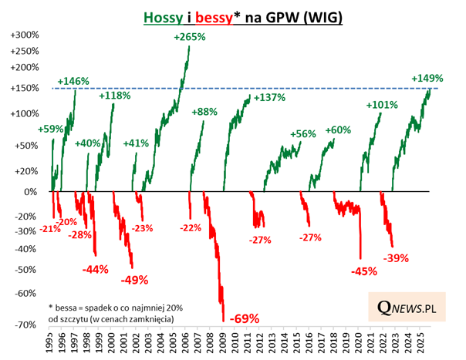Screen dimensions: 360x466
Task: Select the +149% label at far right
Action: (x=427, y=78)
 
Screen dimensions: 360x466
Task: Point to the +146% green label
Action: (x=73, y=81)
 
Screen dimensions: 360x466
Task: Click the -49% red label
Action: (x=134, y=279)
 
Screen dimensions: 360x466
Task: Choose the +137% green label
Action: (x=269, y=98)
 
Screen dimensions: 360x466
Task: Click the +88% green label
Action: (x=204, y=112)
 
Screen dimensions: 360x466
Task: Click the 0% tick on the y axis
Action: (x=32, y=191)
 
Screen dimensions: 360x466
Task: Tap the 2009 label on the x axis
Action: (x=221, y=342)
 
